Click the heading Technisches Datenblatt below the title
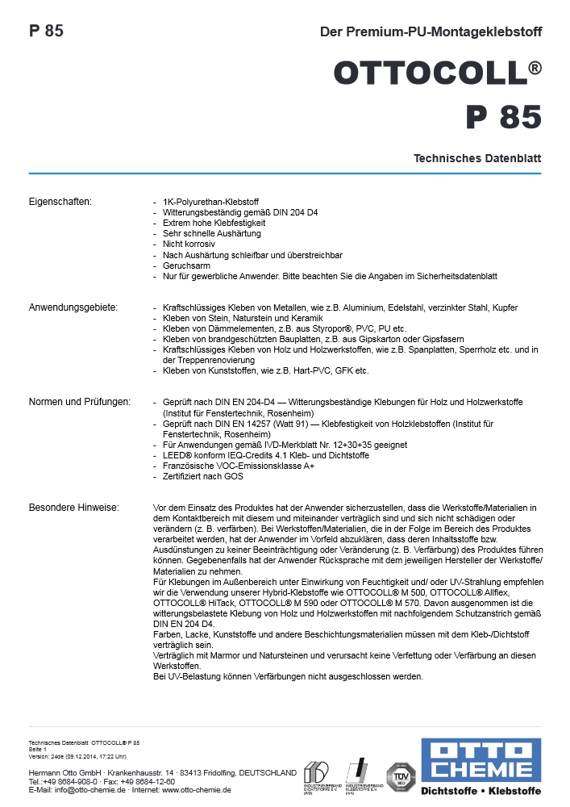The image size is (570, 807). pos(477,159)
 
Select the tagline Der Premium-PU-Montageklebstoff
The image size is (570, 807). pos(431,32)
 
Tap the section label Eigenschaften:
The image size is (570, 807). pos(60,201)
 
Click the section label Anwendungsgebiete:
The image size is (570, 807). pos(73,307)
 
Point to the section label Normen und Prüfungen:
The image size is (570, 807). pos(80,402)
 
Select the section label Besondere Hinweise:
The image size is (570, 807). pos(73,508)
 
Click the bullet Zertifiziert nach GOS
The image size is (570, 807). pos(205,476)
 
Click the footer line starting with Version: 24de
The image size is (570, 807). pos(77,756)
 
